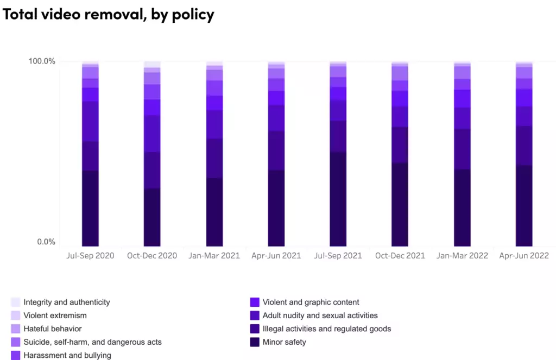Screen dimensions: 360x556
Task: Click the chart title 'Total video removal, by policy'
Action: [109, 14]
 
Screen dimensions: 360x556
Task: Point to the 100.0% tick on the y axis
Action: [42, 61]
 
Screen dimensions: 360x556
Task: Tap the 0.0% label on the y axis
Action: [46, 242]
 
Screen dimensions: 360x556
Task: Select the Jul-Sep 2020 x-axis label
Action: [90, 256]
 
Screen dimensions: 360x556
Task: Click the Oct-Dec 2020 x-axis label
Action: [152, 256]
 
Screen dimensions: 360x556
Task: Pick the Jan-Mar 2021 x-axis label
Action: [214, 256]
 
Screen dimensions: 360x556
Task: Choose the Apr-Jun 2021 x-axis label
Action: [276, 256]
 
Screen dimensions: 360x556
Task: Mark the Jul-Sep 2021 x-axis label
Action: [338, 256]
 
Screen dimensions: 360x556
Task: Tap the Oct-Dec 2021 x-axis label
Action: [400, 256]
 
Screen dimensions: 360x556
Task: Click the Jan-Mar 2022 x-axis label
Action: [462, 256]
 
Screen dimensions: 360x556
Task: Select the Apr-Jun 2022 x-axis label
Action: [524, 256]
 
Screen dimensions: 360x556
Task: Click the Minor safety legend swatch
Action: [255, 342]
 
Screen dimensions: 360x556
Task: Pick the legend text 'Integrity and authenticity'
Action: [67, 302]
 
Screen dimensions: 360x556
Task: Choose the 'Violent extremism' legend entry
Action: [55, 315]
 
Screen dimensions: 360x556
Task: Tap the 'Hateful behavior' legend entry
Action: [53, 329]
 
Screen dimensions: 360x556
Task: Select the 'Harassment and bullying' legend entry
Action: [67, 355]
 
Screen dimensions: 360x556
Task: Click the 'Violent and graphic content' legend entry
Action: [311, 302]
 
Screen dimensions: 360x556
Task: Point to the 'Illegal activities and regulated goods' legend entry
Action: [326, 329]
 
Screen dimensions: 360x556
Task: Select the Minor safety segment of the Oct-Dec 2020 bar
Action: [152, 217]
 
